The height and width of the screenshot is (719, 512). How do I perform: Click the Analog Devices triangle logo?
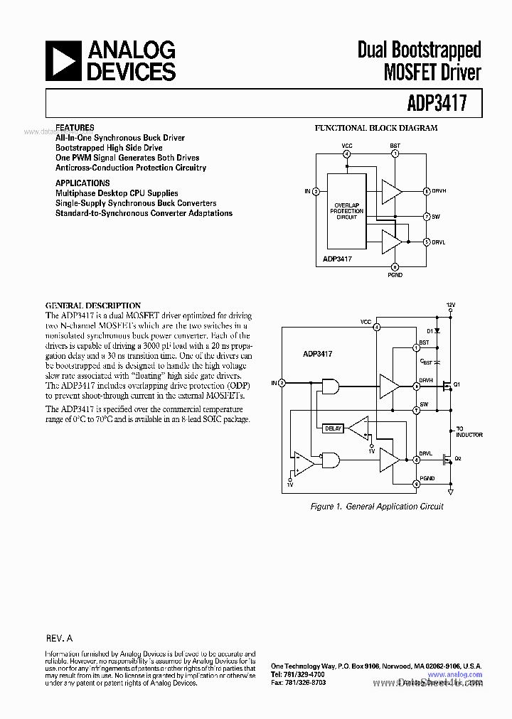tap(62, 60)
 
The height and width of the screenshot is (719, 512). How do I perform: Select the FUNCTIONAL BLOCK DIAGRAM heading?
tap(376, 129)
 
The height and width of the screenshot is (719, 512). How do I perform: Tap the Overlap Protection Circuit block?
tap(346, 210)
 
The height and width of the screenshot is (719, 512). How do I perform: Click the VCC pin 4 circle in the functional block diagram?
tap(346, 153)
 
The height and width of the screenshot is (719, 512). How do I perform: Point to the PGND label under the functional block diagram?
tap(395, 275)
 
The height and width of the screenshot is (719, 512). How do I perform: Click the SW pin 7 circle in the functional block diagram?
tap(426, 216)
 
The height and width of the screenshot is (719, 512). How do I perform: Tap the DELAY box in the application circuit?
tap(333, 428)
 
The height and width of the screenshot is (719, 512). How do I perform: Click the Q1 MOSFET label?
tap(457, 384)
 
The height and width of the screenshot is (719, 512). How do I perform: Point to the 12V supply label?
tap(450, 304)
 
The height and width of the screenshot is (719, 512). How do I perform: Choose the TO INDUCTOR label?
tap(469, 432)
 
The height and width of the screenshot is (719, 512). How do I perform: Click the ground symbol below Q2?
tap(450, 490)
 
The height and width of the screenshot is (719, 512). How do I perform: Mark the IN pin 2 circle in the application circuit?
tap(282, 384)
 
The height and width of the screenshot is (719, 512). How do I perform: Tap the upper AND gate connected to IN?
tap(330, 385)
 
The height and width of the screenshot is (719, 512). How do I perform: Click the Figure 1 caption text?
tap(377, 507)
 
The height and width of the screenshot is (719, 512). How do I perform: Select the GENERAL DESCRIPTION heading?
tap(93, 306)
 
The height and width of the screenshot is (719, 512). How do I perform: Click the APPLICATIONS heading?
tap(82, 183)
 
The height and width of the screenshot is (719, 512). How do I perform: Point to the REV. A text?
tap(59, 639)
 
